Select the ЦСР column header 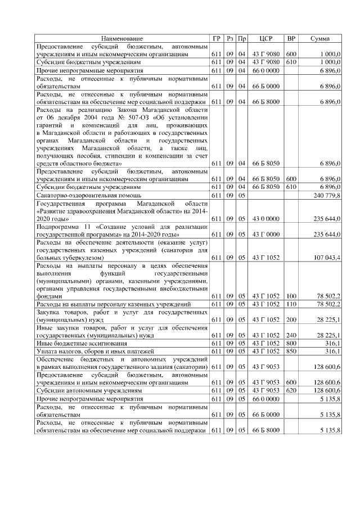pos(267,38)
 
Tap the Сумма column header pos(320,38)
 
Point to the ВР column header pos(291,38)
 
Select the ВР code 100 pos(291,295)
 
